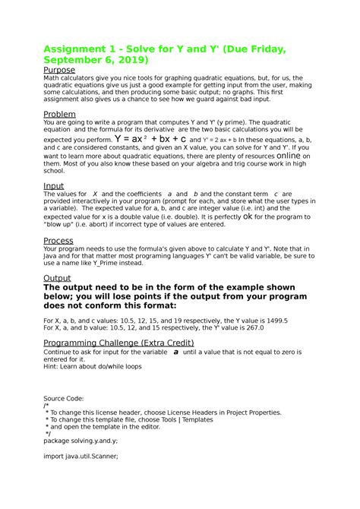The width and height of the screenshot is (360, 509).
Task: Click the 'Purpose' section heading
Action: coord(59,70)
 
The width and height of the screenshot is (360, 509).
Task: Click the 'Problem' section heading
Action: coord(61,114)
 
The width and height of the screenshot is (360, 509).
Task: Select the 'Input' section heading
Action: coord(54,185)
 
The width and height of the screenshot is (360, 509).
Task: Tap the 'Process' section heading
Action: coord(58,241)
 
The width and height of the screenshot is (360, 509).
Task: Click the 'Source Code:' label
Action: coord(64,398)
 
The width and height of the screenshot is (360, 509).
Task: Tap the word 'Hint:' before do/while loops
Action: coord(52,367)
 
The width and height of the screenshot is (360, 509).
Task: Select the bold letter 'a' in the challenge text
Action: coord(176,353)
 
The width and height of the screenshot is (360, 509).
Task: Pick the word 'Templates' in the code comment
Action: coord(196,419)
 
